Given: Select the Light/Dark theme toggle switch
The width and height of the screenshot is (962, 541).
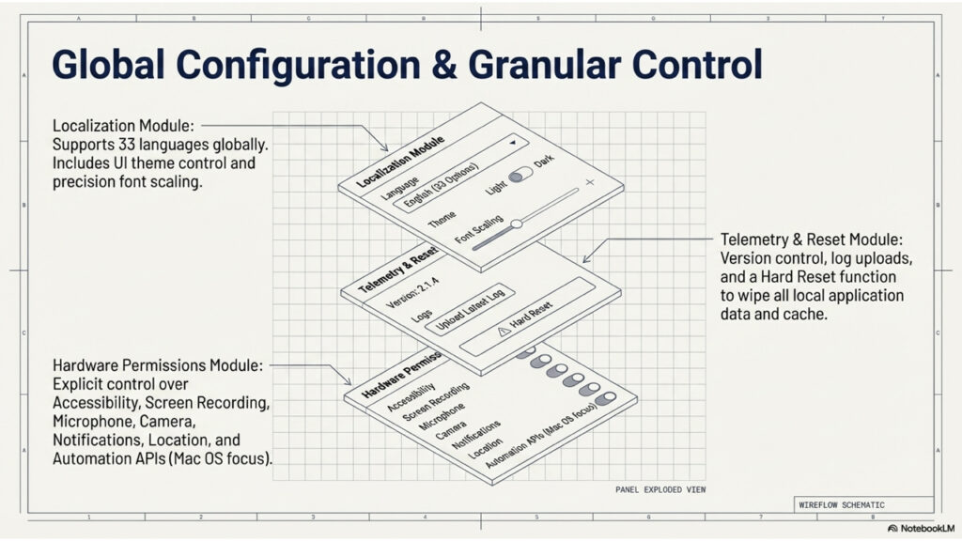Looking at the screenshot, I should point(519,177).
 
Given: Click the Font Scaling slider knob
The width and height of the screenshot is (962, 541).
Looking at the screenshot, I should point(516,224).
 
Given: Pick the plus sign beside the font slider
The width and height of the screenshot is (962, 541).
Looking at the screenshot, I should point(590,181).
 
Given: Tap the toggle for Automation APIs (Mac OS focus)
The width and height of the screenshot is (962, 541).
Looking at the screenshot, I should point(604,401).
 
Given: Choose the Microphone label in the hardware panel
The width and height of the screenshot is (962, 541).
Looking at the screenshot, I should point(428,417).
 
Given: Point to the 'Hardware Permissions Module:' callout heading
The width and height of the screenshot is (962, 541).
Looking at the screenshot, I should point(159,364).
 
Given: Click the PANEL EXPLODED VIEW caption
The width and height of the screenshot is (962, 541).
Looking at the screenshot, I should point(659,490).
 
